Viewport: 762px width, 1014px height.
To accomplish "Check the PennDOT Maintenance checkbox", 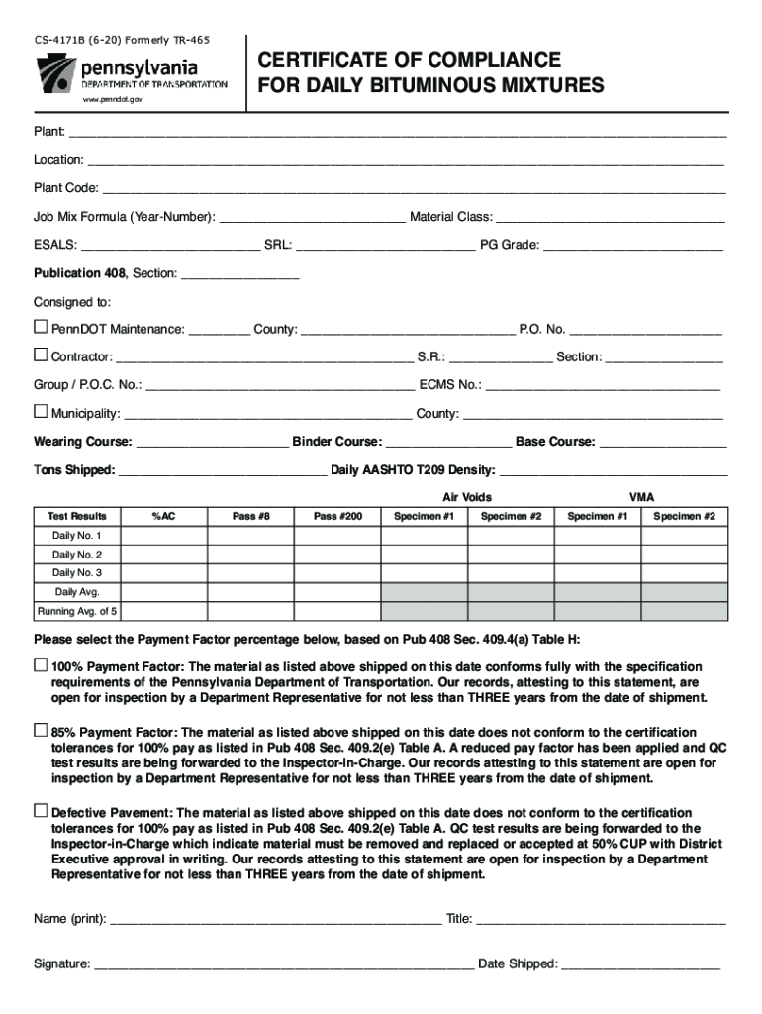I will coord(41,327).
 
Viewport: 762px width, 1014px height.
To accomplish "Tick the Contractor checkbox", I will coord(41,355).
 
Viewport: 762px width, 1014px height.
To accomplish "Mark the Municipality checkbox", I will coord(41,411).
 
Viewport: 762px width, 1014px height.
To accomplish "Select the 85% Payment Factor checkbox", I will coord(41,730).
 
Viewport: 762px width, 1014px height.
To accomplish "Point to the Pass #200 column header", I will coord(338,516).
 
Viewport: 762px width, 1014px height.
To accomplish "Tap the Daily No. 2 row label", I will coord(77,555).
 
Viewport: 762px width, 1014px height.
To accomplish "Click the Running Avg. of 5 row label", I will coord(77,611).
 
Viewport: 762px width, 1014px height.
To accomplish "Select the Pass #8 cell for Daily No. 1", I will coord(250,536).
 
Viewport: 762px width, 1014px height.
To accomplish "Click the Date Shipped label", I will coord(518,963).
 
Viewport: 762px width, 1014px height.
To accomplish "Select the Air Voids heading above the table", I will coord(467,497).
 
